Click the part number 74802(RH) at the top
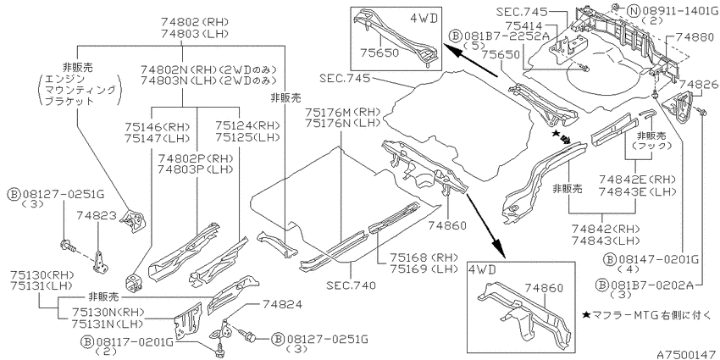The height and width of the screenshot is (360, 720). point(195,21)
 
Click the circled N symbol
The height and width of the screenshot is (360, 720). point(633,11)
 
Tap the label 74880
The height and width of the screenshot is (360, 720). point(695,37)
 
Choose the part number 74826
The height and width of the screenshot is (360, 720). point(697,84)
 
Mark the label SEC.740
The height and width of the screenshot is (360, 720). point(352,285)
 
